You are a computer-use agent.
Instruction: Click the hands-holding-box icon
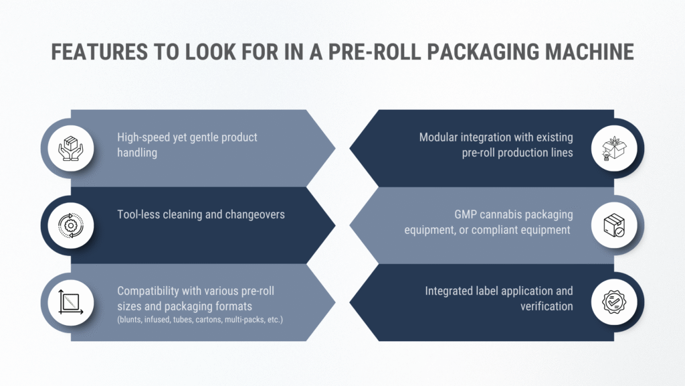point(71,148)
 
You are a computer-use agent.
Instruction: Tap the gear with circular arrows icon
point(71,225)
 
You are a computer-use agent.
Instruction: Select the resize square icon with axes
point(71,302)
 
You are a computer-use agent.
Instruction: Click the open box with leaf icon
point(614,148)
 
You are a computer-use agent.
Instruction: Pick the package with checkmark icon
point(614,225)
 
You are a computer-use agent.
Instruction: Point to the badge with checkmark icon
point(614,302)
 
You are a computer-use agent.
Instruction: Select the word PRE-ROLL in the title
point(375,52)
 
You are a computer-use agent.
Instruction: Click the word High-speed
point(143,137)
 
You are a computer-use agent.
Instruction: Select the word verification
point(547,306)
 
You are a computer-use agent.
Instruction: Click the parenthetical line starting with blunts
point(200,320)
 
